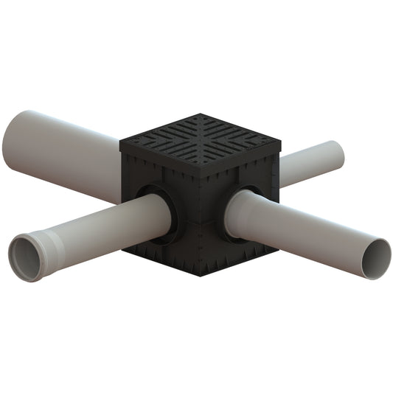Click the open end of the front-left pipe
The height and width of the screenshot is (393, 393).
pos(27,258)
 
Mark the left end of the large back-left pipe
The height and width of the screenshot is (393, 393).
pos(16,139)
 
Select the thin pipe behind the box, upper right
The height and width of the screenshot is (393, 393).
pos(313,163)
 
